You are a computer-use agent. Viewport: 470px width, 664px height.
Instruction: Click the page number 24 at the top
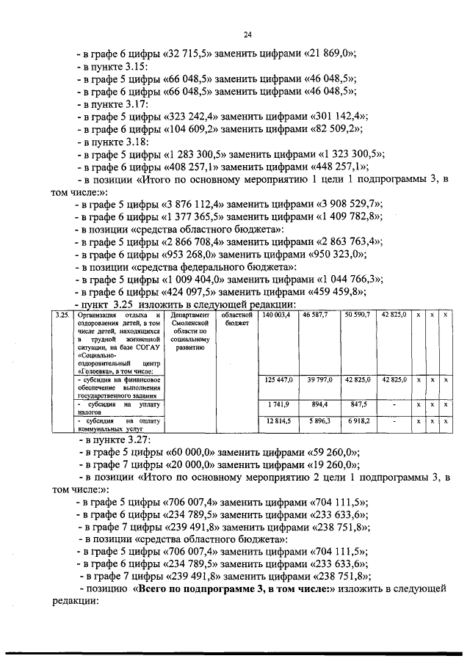(x=247, y=34)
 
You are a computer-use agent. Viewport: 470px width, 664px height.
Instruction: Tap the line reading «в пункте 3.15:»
(x=117, y=66)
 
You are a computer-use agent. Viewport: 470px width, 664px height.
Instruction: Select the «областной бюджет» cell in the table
(x=236, y=319)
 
